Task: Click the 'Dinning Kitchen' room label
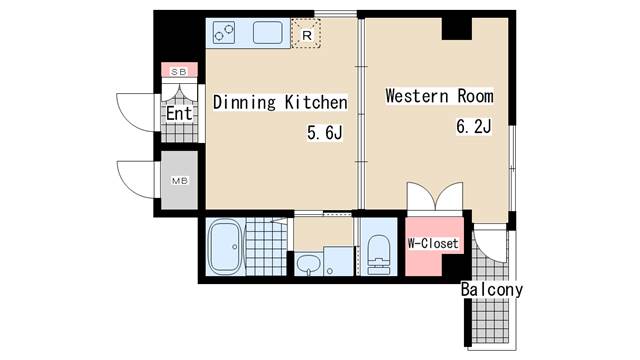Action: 279,102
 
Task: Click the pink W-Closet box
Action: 432,243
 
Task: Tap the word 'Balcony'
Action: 491,290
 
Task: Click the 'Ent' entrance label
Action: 180,114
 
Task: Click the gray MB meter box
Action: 180,181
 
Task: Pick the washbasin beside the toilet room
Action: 308,265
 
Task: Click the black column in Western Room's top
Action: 457,27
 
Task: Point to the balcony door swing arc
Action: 490,246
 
